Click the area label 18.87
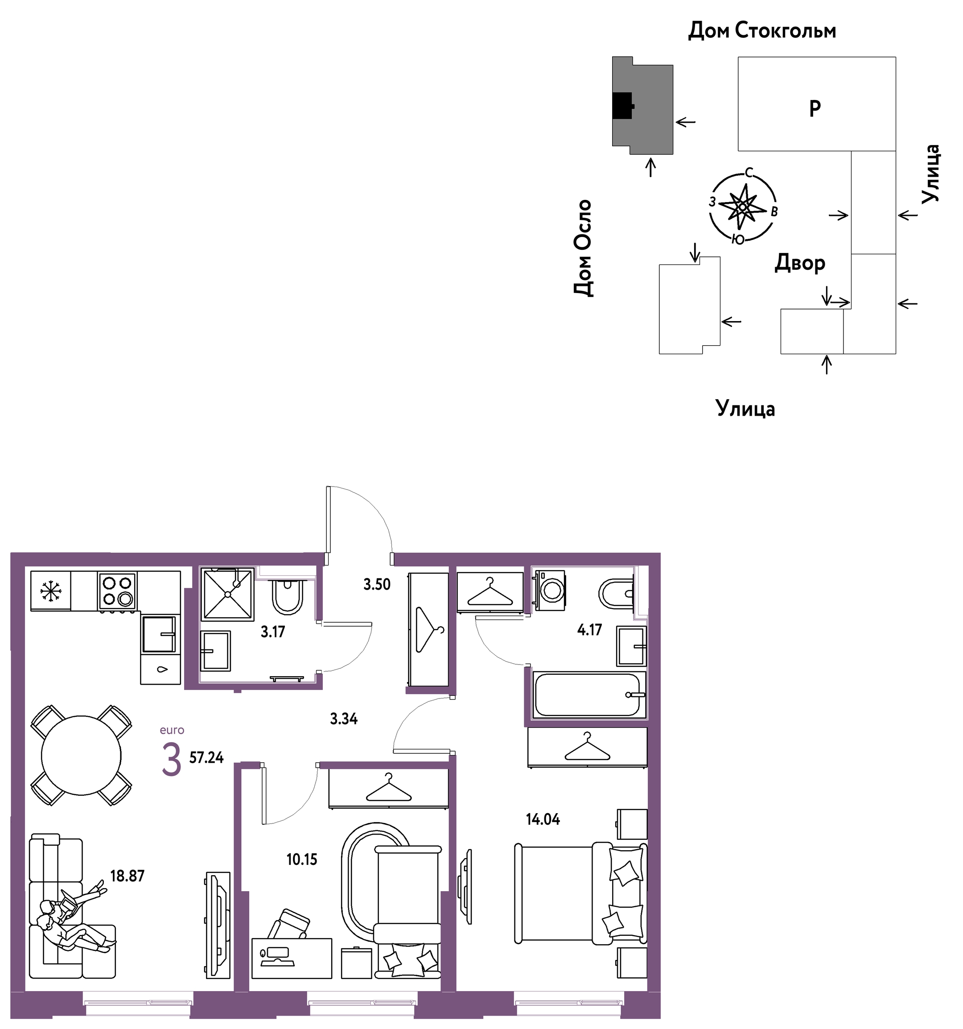click(128, 876)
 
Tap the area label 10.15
click(302, 859)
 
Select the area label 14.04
click(543, 819)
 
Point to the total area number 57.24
click(206, 758)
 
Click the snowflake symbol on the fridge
click(51, 591)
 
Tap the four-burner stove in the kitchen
click(117, 591)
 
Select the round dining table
click(81, 755)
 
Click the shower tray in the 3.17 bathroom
click(228, 594)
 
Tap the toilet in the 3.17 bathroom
click(287, 597)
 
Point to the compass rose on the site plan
click(743, 207)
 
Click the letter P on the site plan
click(815, 108)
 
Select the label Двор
click(800, 264)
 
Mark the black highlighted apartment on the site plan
click(623, 106)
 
